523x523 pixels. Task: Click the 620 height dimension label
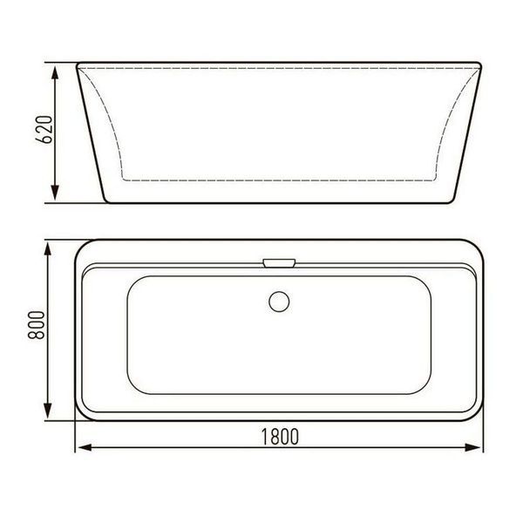(x=44, y=129)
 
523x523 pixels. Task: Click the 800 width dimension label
(x=37, y=325)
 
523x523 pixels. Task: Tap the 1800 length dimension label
(x=280, y=437)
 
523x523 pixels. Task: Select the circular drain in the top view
(x=279, y=302)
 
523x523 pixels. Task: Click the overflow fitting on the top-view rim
(x=279, y=263)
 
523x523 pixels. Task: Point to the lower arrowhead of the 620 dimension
(x=55, y=194)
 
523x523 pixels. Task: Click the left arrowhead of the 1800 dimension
(x=84, y=448)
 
